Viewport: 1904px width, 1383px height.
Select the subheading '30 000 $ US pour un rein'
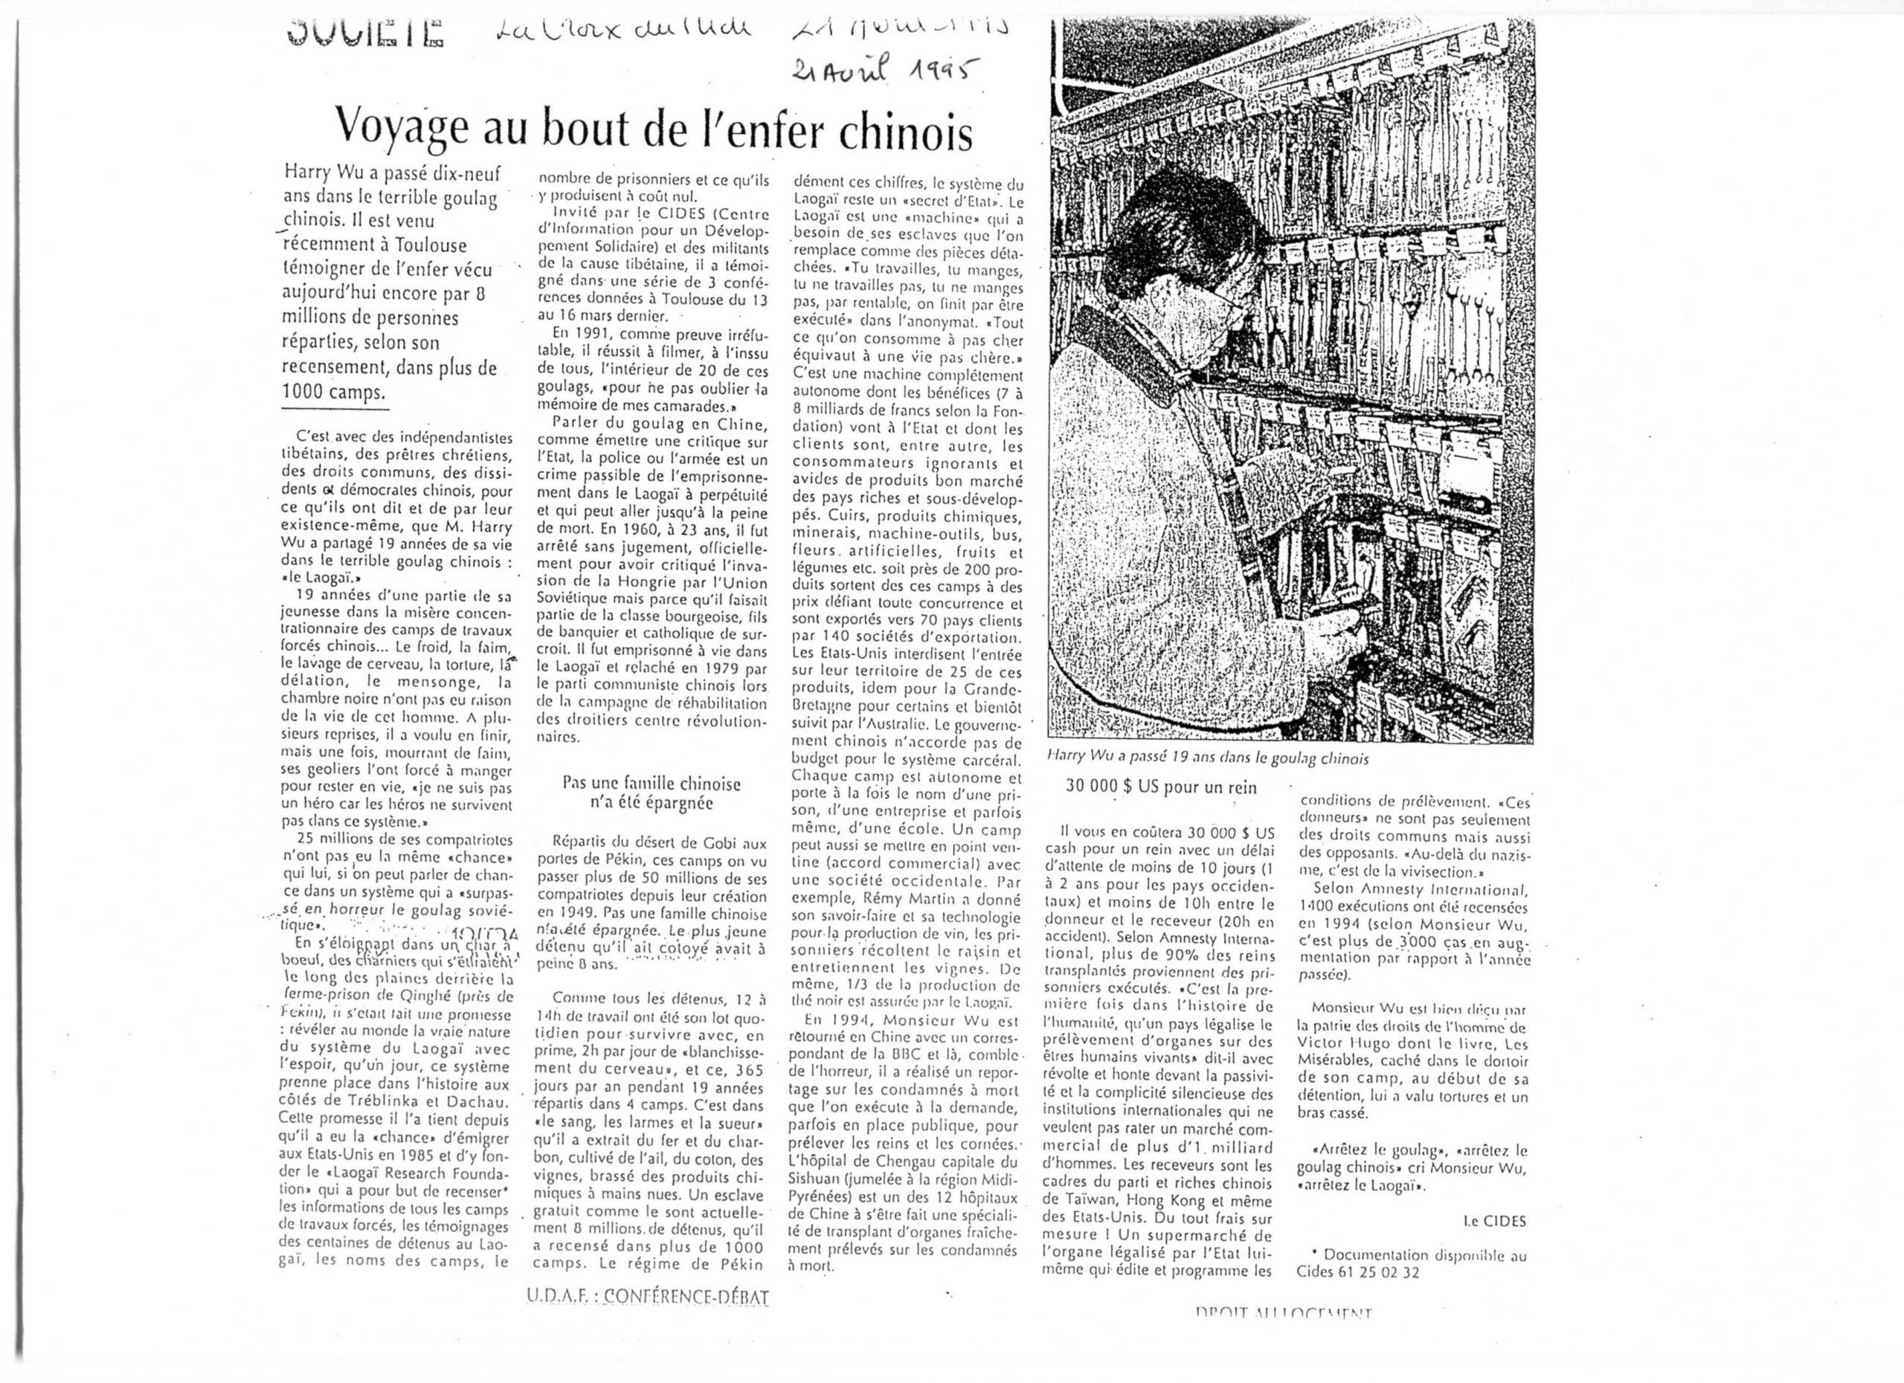coord(1161,787)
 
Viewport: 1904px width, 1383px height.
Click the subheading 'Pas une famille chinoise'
coord(652,784)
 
